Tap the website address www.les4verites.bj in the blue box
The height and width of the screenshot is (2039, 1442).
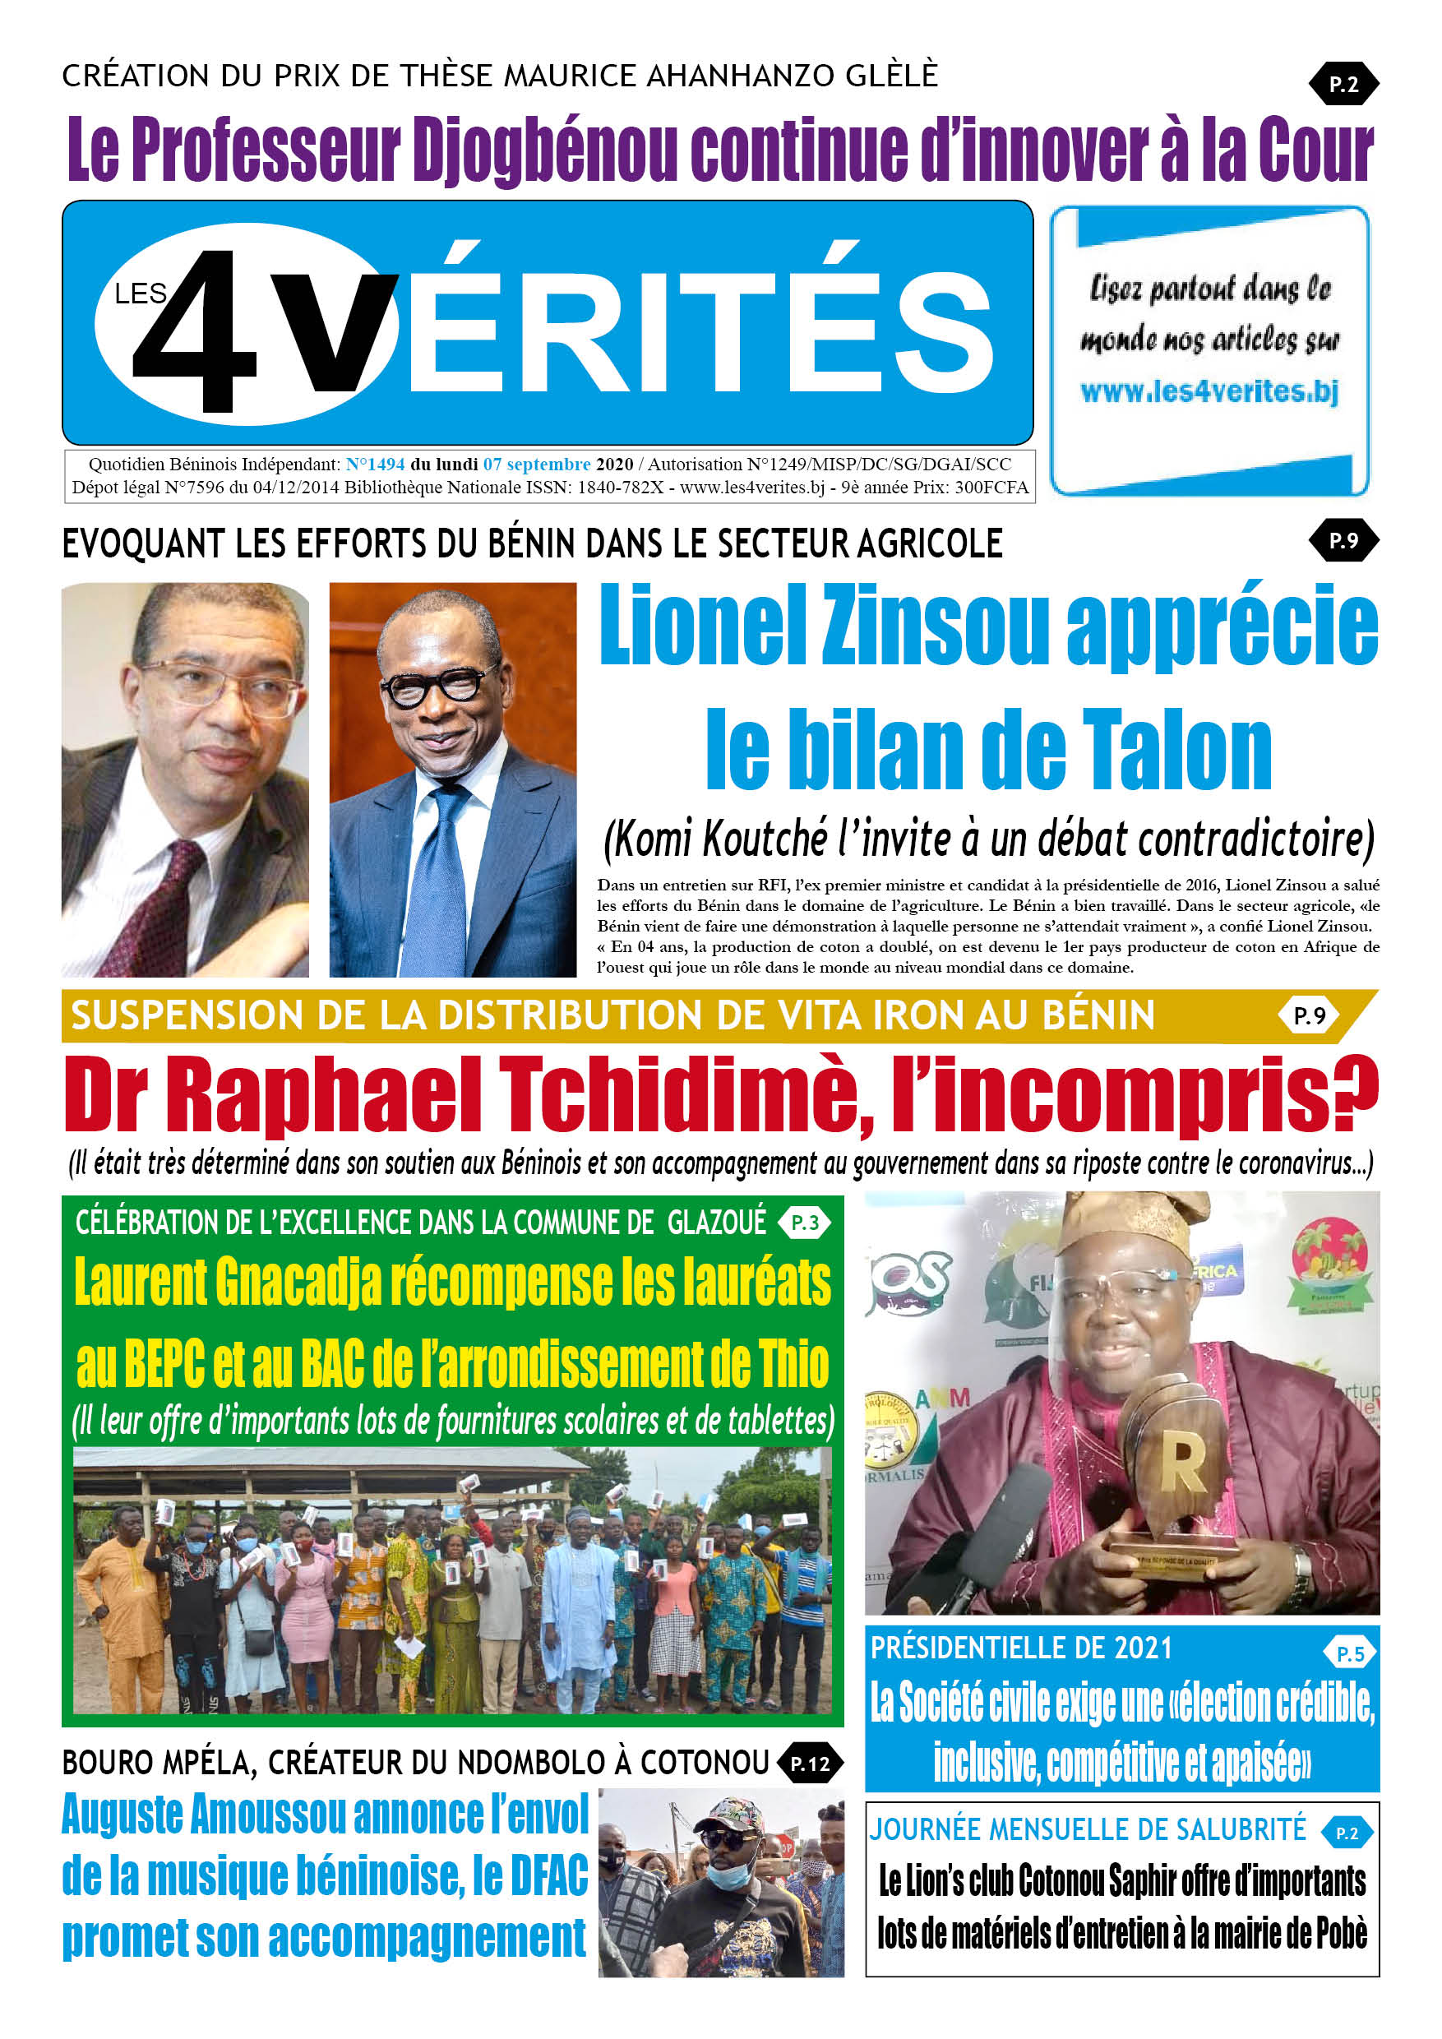point(1209,391)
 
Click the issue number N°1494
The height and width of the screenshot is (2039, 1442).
point(375,464)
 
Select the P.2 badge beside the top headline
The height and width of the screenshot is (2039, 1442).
point(1343,85)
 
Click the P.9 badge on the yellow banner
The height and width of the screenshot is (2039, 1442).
point(1309,1015)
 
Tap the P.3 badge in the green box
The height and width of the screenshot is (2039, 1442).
point(805,1223)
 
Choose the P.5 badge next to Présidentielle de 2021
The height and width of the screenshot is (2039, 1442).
point(1350,1653)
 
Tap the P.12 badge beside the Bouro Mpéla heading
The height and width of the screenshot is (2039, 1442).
point(810,1764)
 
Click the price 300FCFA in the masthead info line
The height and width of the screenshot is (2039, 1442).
point(991,487)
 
